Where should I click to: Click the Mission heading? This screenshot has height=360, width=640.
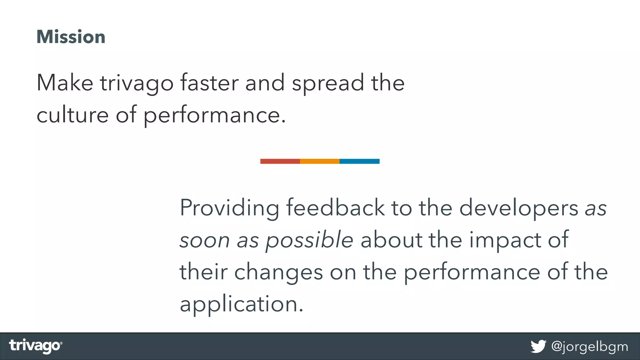[71, 37]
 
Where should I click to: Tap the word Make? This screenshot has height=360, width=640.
[65, 83]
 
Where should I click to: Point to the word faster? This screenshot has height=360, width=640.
[209, 83]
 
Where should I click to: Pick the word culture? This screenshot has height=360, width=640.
[72, 115]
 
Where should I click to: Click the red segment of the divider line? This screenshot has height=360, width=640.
[280, 161]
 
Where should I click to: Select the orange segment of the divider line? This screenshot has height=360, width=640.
[320, 161]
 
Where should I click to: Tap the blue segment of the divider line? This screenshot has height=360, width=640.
[359, 161]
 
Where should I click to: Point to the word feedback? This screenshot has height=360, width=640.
[335, 207]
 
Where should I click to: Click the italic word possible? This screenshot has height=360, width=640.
[309, 241]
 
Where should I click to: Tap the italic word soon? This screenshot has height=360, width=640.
[205, 241]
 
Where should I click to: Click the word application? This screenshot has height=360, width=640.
[241, 304]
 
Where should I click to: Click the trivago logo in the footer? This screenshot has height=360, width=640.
[36, 346]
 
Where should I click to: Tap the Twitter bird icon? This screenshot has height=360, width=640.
[538, 346]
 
